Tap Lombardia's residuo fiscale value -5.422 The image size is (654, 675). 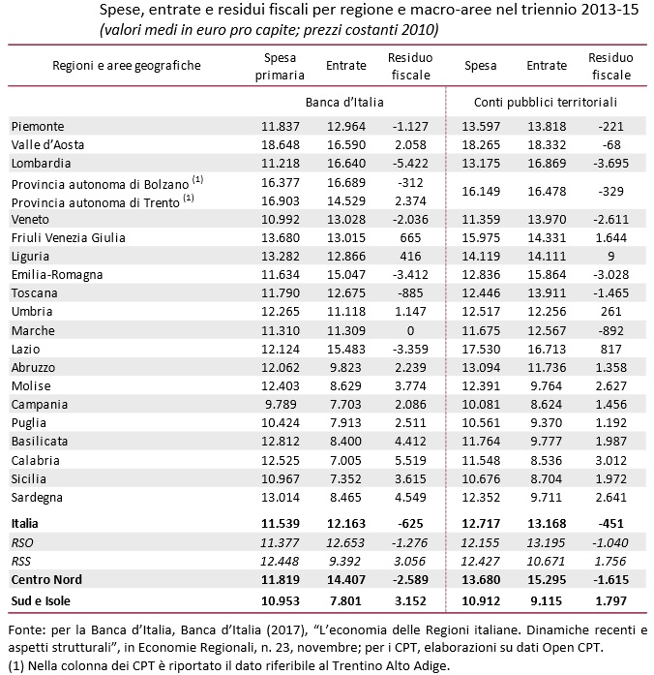[x=408, y=163]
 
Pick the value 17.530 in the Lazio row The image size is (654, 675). [x=481, y=349]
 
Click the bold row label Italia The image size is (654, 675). [x=26, y=523]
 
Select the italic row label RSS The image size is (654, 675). [x=22, y=560]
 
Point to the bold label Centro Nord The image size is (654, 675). [x=45, y=579]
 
